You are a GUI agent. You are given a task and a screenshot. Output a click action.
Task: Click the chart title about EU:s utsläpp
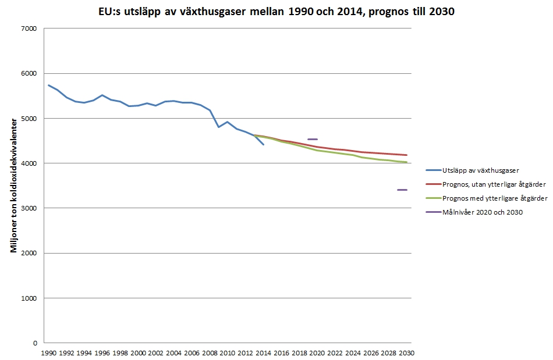[x=276, y=10]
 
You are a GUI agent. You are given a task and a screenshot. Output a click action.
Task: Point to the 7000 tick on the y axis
[x=29, y=28]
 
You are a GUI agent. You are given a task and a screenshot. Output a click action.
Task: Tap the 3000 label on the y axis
[x=29, y=208]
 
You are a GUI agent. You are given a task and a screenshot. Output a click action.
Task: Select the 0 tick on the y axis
[x=35, y=343]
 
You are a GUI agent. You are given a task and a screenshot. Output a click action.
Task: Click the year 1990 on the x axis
[x=48, y=352]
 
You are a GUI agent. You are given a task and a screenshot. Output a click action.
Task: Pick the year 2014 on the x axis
[x=264, y=352]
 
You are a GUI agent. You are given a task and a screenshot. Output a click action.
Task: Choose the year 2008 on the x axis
[x=210, y=352]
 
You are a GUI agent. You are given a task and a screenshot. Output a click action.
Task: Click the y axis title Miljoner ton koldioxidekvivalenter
[x=12, y=186]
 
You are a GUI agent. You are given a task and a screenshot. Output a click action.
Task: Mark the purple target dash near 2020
[x=312, y=139]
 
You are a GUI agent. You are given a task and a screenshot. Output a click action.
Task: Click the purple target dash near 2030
[x=402, y=190]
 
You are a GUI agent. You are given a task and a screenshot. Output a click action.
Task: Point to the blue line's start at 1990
[x=48, y=85]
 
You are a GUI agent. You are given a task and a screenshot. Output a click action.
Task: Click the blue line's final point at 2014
[x=264, y=145]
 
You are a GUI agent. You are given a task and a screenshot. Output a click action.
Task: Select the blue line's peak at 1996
[x=102, y=95]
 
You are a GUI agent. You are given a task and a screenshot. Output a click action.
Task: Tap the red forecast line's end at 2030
[x=406, y=155]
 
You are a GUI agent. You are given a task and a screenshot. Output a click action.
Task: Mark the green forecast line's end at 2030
[x=406, y=162]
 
